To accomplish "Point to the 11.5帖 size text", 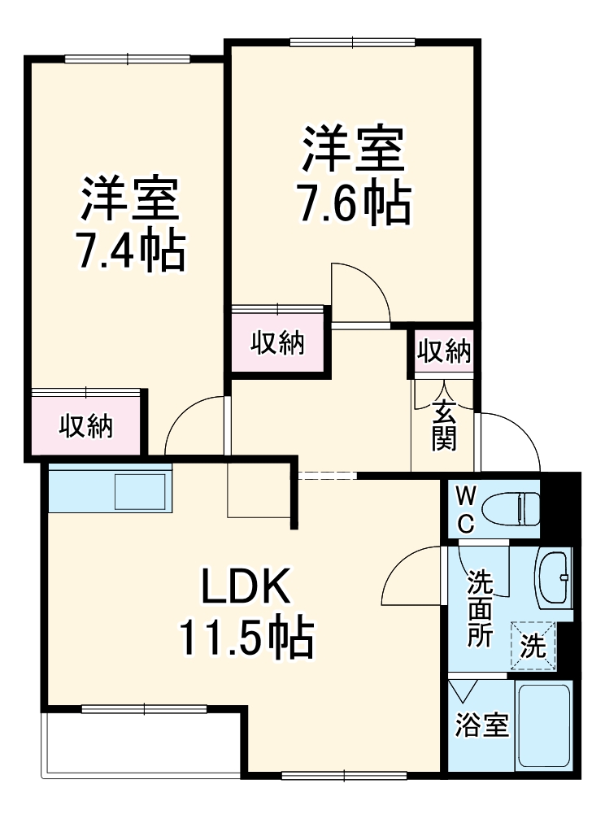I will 246,639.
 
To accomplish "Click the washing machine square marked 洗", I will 533,646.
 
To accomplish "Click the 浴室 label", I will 481,725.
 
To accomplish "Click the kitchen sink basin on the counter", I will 141,491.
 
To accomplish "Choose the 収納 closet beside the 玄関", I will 444,352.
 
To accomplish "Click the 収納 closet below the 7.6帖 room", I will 277,343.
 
